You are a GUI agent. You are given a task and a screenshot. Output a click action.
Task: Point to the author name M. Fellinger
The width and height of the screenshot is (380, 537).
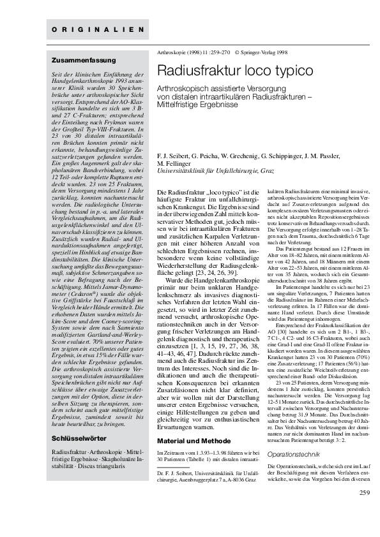[174, 161]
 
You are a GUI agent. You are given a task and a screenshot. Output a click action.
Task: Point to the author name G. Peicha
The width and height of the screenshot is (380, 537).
[205, 154]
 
